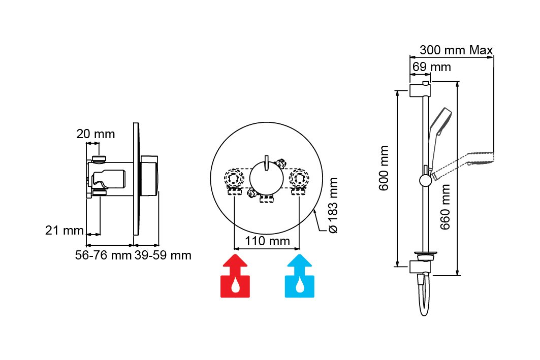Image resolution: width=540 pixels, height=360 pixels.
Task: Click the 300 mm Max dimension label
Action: point(456,50)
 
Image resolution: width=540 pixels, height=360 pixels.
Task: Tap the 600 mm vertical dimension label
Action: point(385,168)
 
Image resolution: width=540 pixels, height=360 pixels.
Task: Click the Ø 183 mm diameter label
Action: point(333,205)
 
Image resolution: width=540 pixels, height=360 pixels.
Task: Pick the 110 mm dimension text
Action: point(267,241)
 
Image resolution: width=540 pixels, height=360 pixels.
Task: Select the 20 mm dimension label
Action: point(96,134)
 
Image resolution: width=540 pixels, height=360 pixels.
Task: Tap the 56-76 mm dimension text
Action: point(103,255)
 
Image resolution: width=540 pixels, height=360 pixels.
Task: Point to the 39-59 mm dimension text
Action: point(163,255)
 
